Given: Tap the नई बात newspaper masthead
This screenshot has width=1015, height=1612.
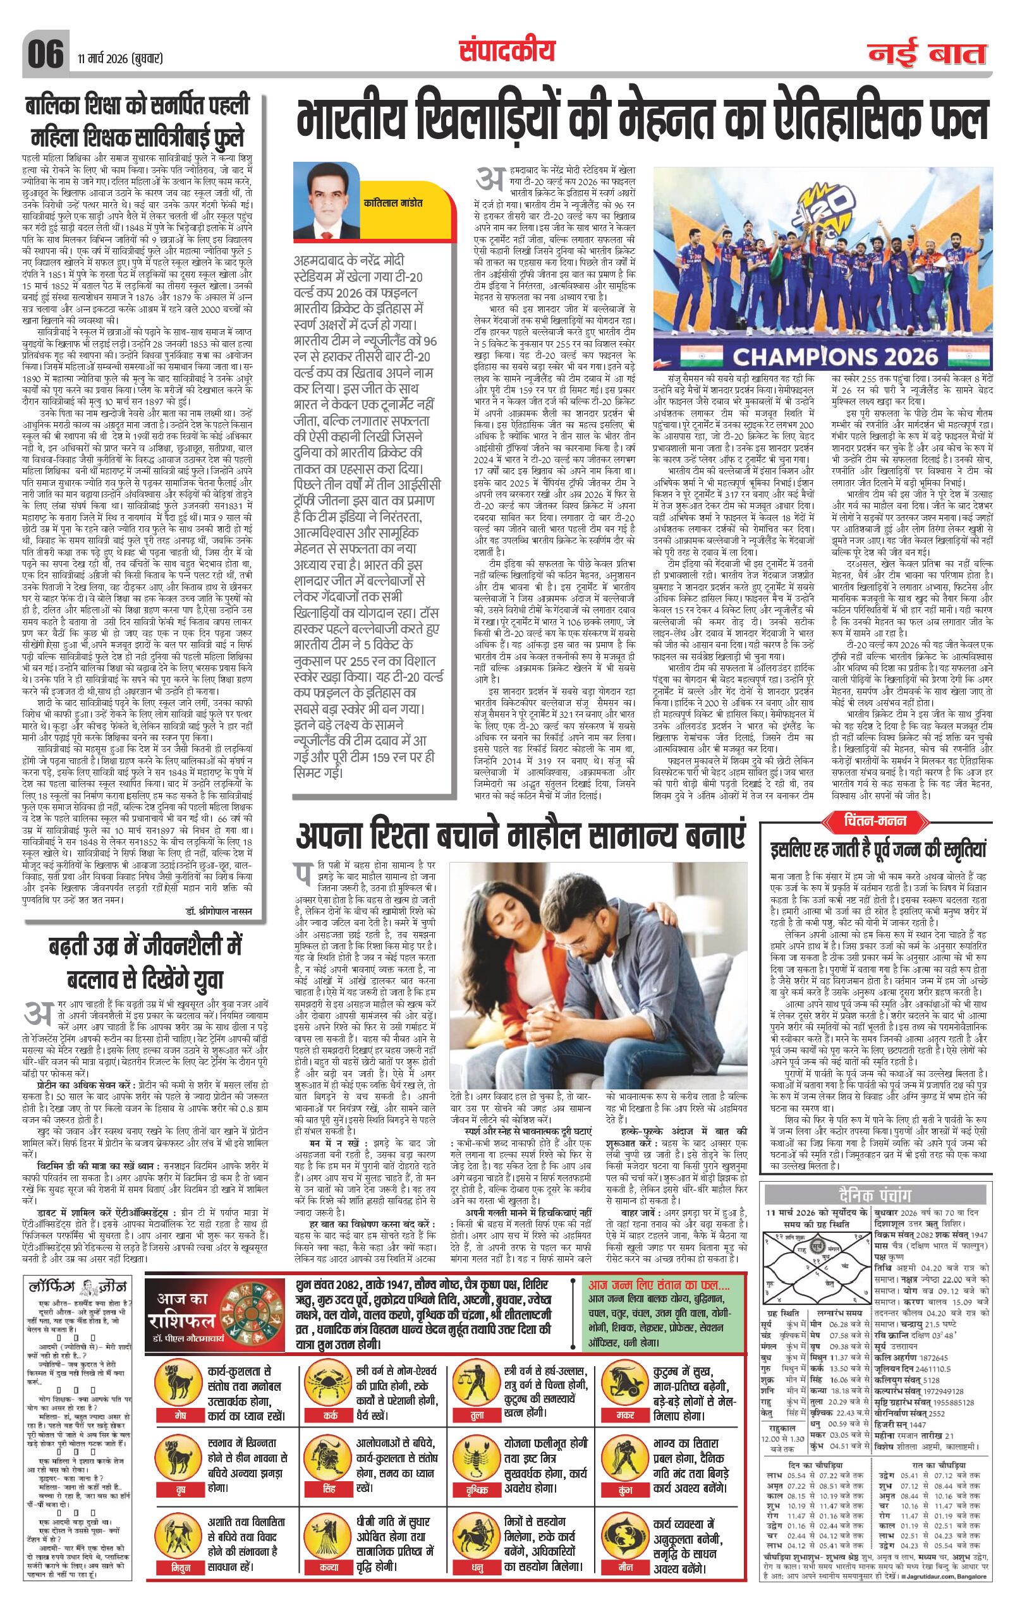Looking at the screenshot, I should coord(928,54).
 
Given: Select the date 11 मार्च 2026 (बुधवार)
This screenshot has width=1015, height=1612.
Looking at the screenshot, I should coord(120,59).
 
